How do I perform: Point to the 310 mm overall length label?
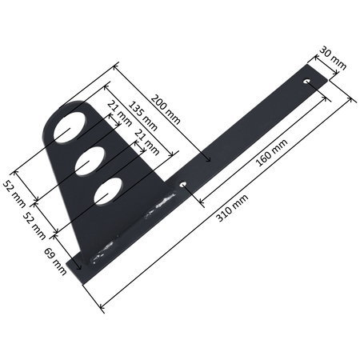[x=234, y=210]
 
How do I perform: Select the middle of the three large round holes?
[x=87, y=160]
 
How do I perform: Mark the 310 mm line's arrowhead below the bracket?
[x=101, y=308]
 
